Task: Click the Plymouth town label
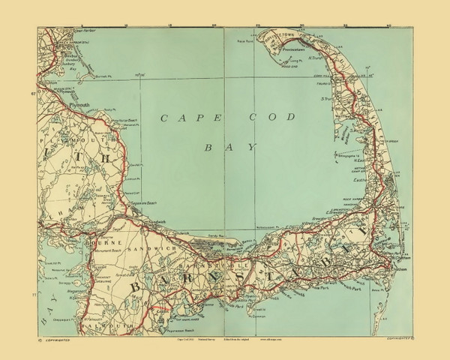79,106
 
